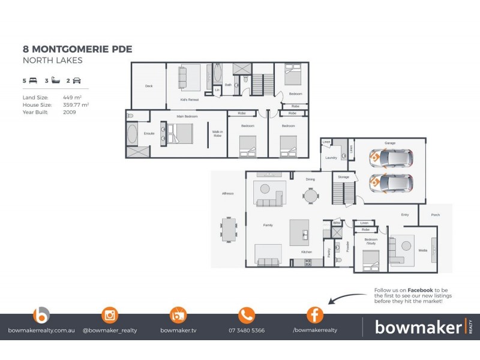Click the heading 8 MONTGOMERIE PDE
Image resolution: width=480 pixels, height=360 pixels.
77,49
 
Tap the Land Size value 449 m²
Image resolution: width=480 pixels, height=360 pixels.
73,97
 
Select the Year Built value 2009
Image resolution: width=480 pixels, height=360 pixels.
69,112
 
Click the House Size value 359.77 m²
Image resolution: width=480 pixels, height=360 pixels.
76,104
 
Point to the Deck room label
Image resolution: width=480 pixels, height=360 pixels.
149,86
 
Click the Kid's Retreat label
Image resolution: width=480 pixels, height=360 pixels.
189,100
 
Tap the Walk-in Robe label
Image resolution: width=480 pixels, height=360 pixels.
217,134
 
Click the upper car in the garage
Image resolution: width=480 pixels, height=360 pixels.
391,159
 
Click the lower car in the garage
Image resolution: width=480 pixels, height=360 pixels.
391,182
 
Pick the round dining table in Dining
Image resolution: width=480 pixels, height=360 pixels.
310,196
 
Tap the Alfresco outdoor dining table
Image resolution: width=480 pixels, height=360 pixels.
229,228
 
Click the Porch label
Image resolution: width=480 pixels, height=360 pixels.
435,215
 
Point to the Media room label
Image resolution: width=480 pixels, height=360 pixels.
422,250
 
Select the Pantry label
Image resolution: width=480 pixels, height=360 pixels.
328,252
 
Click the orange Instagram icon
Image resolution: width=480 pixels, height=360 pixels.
110,314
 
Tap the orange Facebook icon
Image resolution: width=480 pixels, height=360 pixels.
315,314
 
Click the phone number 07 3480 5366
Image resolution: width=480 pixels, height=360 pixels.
247,330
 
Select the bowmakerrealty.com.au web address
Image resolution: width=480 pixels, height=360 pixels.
41,330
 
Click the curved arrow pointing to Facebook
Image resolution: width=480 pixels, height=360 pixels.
347,298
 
